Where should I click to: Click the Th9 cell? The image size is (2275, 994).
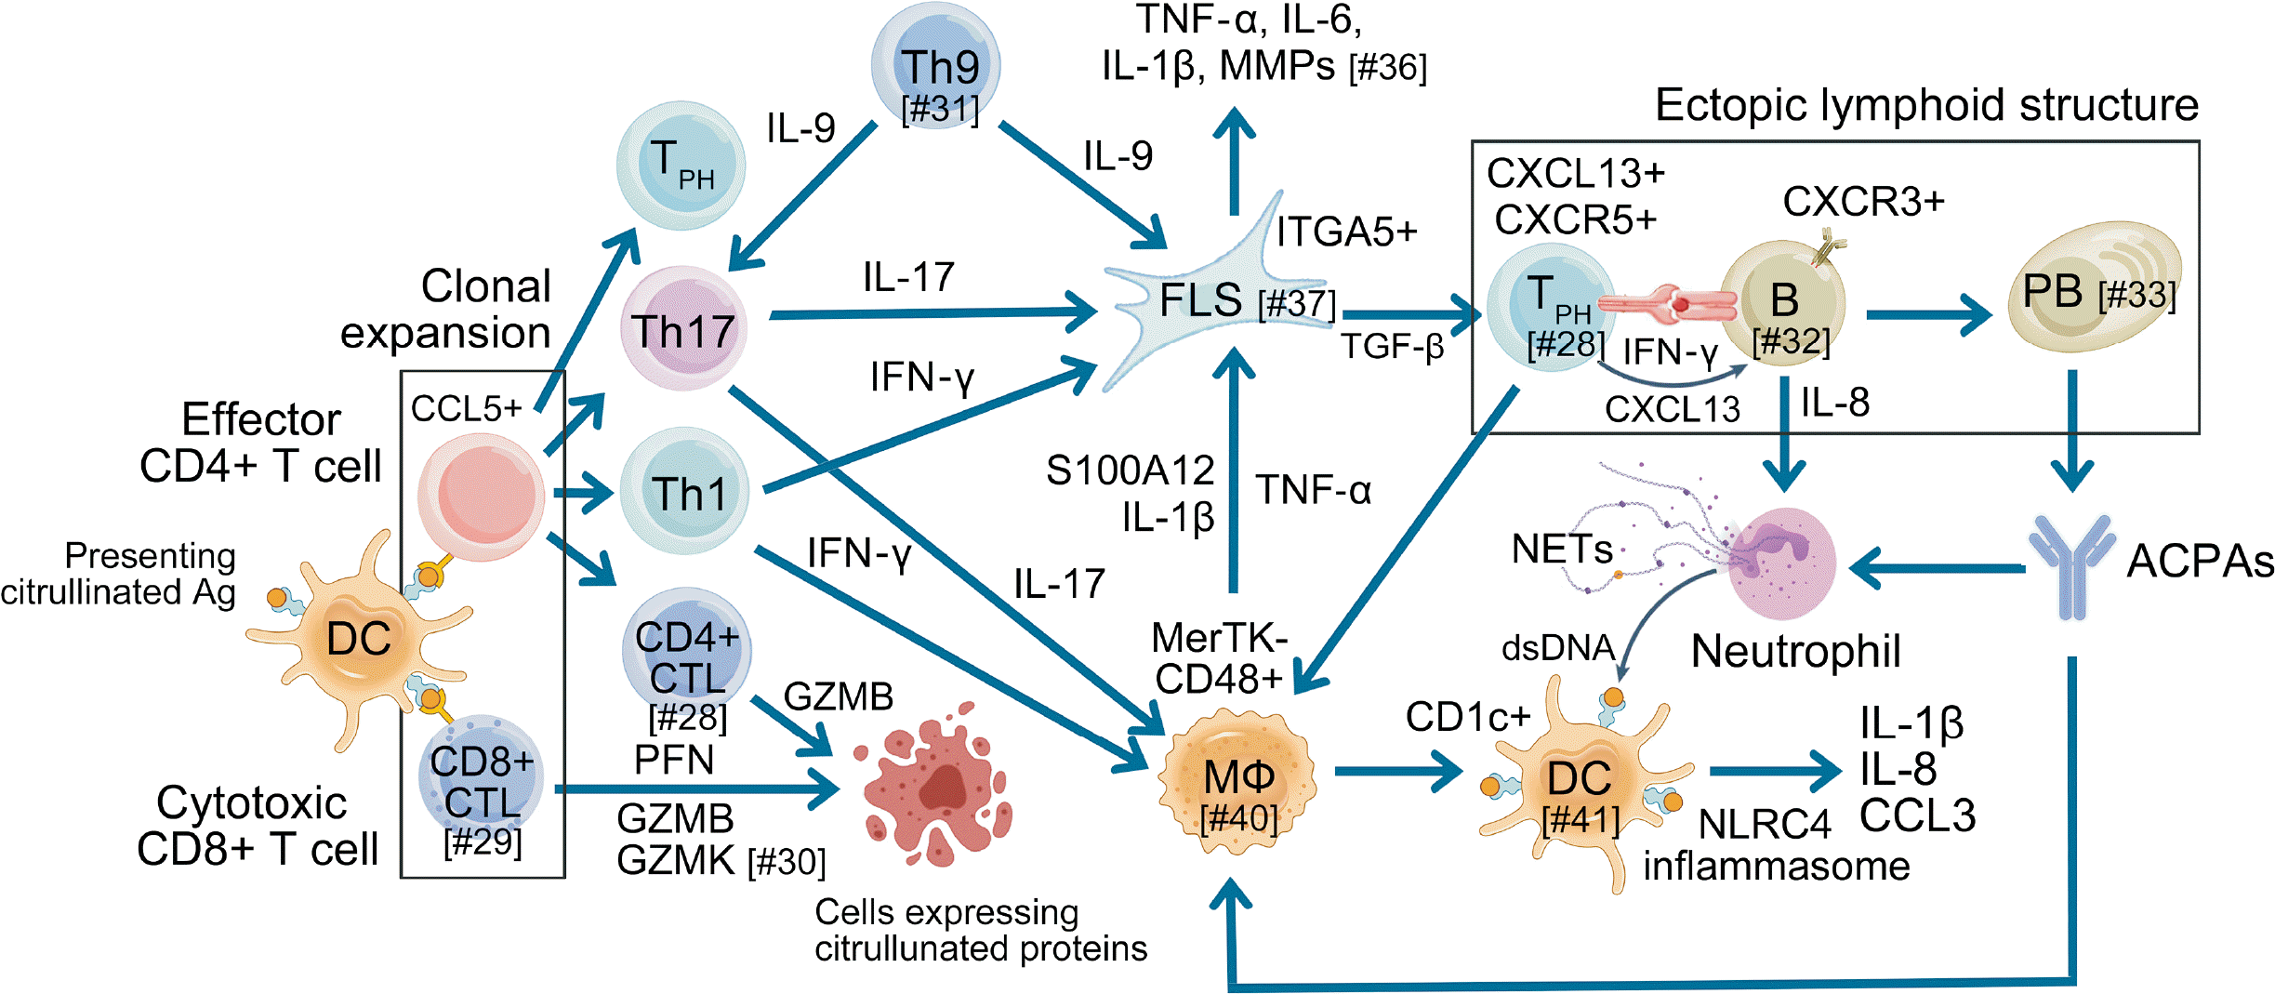click(936, 65)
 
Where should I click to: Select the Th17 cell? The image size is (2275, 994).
click(683, 328)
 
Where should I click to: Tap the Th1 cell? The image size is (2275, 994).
click(685, 492)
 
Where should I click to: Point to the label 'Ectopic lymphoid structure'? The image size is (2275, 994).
click(1925, 105)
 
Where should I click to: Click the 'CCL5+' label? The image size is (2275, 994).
click(466, 408)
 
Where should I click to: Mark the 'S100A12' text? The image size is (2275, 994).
click(1130, 470)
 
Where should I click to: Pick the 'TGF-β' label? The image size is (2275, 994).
click(1392, 347)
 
